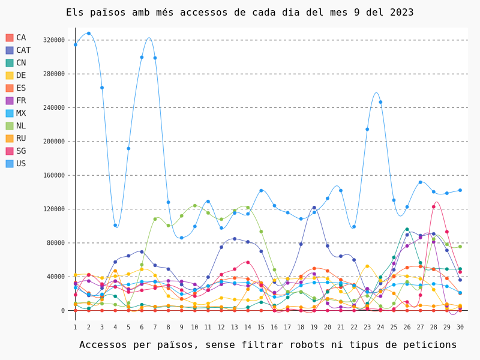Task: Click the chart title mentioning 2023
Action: [x=239, y=13]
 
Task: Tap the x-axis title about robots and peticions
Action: [x=268, y=344]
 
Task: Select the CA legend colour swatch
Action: [x=10, y=38]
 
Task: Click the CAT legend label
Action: [x=23, y=50]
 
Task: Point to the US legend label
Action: [x=21, y=163]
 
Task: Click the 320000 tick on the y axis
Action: [x=54, y=40]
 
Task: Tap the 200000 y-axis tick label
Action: [x=54, y=142]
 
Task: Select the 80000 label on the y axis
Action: [x=56, y=243]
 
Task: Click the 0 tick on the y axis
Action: [x=63, y=310]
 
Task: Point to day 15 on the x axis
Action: [x=261, y=327]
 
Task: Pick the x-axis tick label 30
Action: [x=460, y=327]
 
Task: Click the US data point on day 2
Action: [x=89, y=34]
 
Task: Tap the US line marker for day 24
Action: [x=380, y=102]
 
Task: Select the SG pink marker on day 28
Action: [x=433, y=207]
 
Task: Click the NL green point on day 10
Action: [x=194, y=206]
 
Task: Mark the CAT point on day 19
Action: [x=314, y=208]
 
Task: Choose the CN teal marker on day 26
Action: [x=407, y=229]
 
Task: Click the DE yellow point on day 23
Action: [x=367, y=266]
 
